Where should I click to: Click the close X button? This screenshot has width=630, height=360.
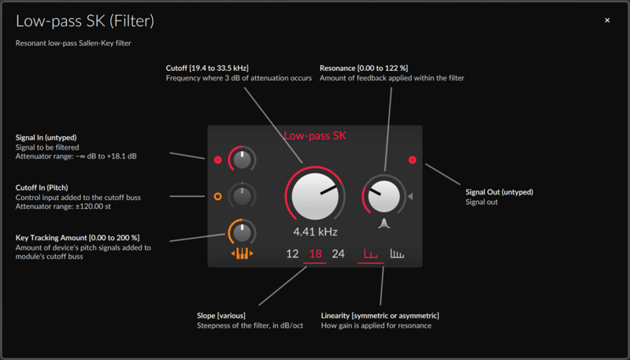607,20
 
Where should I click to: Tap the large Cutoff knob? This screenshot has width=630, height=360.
315,196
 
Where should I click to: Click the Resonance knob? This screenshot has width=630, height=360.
384,196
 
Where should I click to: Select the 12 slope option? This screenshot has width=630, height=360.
292,254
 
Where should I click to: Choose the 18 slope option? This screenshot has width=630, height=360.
316,254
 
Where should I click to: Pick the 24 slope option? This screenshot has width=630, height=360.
339,254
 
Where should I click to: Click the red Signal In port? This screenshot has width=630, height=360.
218,160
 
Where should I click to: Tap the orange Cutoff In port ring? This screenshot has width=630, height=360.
218,196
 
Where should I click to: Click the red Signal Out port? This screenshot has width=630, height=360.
412,160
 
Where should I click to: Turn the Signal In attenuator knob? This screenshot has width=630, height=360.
242,160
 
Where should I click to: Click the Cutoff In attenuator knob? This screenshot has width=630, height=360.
242,196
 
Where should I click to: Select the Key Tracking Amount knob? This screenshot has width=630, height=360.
242,232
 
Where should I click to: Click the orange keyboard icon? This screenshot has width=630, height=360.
243,254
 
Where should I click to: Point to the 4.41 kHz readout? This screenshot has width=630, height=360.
316,232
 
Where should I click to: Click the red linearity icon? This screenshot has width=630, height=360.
370,254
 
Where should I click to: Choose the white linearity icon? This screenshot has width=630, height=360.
397,254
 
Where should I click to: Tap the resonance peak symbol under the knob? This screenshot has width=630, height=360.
384,224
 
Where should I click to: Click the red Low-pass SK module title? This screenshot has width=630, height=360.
315,135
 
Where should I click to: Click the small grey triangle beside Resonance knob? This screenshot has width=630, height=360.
410,196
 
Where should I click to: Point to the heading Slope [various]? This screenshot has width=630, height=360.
221,315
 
